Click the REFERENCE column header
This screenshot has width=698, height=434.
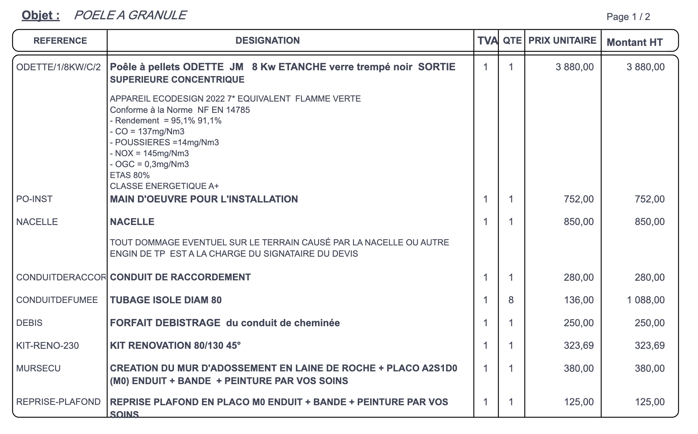pyautogui.click(x=60, y=41)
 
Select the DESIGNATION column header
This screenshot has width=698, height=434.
pyautogui.click(x=267, y=41)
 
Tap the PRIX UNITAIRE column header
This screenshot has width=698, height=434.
pyautogui.click(x=562, y=41)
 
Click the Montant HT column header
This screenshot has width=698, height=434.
pyautogui.click(x=635, y=43)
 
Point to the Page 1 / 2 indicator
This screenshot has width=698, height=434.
pyautogui.click(x=628, y=17)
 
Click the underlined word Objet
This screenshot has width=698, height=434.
pyautogui.click(x=40, y=15)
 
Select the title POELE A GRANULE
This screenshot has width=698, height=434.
pyautogui.click(x=130, y=15)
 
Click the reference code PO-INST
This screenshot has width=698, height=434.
pyautogui.click(x=34, y=199)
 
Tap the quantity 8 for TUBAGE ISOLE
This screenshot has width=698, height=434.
pyautogui.click(x=511, y=300)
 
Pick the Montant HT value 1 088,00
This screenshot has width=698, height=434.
pyautogui.click(x=646, y=300)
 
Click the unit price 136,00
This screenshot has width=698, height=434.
pyautogui.click(x=579, y=300)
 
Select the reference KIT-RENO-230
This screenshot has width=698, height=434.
pyautogui.click(x=47, y=346)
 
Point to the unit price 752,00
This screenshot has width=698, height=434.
pyautogui.click(x=579, y=199)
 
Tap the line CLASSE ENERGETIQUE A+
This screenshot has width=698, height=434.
pyautogui.click(x=164, y=186)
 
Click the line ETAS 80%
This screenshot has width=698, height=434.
pyautogui.click(x=130, y=175)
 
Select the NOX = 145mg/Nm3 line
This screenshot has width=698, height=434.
pyautogui.click(x=149, y=153)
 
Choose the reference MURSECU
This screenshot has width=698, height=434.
pyautogui.click(x=38, y=368)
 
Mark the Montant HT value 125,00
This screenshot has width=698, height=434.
pyautogui.click(x=650, y=402)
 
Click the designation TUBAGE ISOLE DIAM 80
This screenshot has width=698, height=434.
pyautogui.click(x=166, y=300)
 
